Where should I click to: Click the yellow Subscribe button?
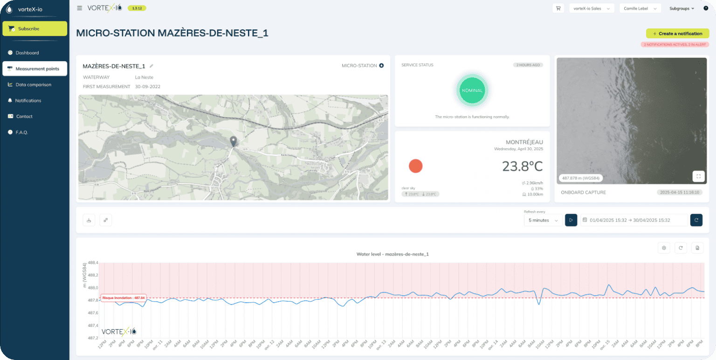coord(34,28)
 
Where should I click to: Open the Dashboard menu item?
coord(27,53)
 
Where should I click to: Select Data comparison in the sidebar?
coord(33,85)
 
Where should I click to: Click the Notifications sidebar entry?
coord(28,101)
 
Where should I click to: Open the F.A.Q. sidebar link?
coord(21,132)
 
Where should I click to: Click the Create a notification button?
coord(677,34)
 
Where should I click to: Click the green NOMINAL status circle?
coord(472,90)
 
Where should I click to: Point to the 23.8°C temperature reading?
coord(522,166)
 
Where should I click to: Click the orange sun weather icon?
coord(415,166)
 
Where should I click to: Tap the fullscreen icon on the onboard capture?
coord(698,176)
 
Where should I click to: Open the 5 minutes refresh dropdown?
coord(543,220)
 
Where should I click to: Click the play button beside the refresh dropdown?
coord(571,220)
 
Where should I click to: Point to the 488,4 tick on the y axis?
coord(93,263)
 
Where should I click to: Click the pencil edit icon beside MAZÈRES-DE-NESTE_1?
coord(151,66)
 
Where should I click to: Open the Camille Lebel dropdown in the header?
coord(640,8)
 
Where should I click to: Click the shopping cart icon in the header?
coord(558,8)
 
